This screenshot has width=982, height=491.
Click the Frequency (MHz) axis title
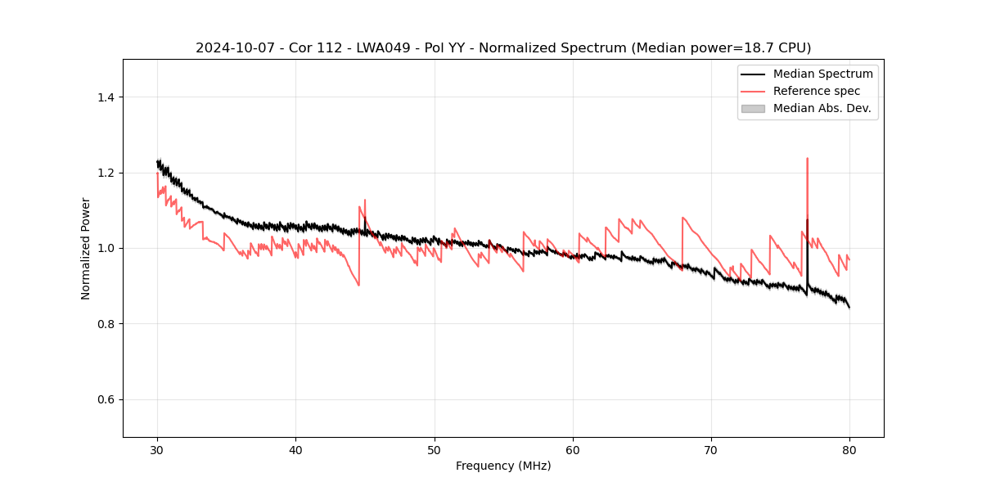(503, 466)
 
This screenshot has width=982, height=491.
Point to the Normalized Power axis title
(86, 248)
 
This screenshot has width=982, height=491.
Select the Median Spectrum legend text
(822, 74)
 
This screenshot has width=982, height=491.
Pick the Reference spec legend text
(817, 91)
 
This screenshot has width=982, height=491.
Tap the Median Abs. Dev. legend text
(822, 108)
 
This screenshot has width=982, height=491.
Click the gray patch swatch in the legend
(753, 108)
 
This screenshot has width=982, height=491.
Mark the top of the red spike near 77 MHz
(807, 159)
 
